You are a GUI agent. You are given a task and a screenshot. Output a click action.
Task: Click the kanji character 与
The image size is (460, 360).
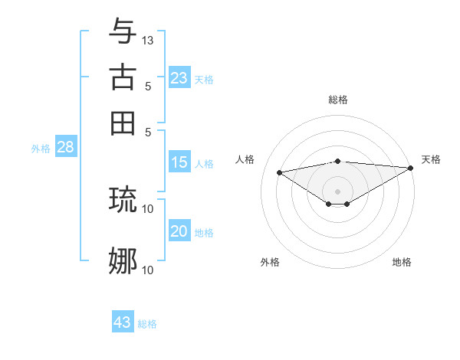[x=123, y=31]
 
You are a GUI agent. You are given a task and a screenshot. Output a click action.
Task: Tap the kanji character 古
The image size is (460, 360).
[x=123, y=77]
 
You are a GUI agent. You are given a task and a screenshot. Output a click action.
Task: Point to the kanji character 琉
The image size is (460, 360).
[x=123, y=199]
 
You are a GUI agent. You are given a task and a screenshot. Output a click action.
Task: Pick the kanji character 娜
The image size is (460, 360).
[x=123, y=261]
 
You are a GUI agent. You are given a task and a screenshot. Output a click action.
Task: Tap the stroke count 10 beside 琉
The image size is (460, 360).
[x=148, y=208]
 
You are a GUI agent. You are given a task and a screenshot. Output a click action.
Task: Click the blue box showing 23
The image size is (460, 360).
[x=179, y=77]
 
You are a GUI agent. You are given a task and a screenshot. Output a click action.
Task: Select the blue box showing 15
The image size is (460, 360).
[x=179, y=162]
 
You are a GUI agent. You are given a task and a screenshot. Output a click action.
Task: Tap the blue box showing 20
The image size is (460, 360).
[x=179, y=231]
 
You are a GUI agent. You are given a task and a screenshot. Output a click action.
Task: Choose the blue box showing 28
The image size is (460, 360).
[x=65, y=148]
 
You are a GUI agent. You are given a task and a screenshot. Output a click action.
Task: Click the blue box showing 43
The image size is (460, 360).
[x=123, y=322]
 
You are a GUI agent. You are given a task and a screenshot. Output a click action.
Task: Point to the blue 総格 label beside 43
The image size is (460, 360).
[x=147, y=324]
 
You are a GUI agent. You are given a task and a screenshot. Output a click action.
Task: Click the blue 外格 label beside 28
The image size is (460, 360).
[x=41, y=149]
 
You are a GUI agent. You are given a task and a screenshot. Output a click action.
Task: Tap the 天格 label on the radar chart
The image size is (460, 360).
[x=431, y=159]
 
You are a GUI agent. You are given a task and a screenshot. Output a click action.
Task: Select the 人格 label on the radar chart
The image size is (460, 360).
[x=245, y=159]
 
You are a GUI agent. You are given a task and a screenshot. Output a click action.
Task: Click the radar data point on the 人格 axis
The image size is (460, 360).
[x=279, y=172]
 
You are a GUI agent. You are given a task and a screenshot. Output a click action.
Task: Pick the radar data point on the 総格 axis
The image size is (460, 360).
[x=337, y=161]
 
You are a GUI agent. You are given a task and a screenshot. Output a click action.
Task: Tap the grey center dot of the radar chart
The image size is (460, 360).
[x=337, y=191]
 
